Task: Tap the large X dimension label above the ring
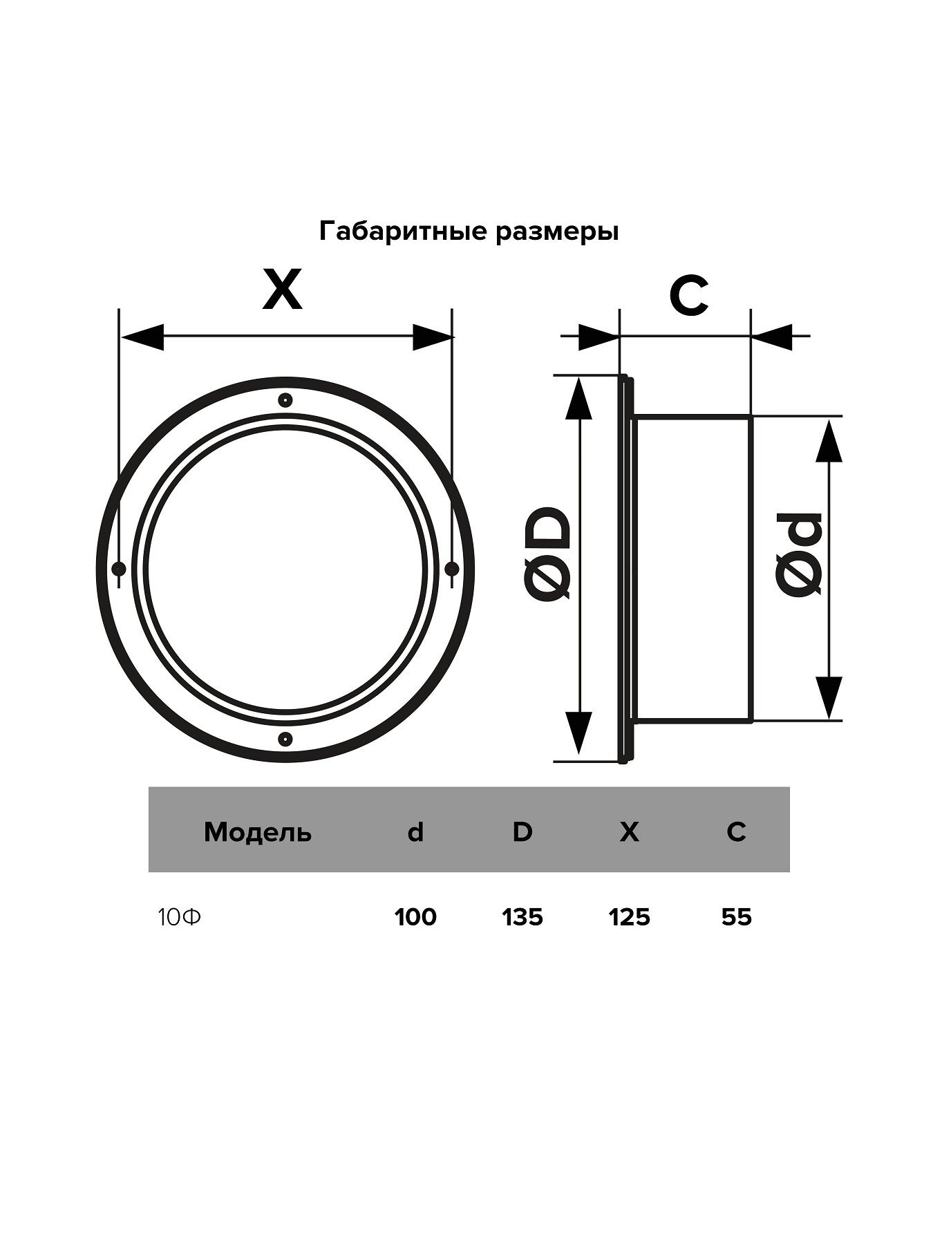click(283, 291)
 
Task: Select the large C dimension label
click(688, 296)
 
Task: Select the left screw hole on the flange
click(119, 569)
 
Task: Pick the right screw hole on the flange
click(451, 569)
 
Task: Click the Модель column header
click(258, 833)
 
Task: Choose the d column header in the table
click(415, 833)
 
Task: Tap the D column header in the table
click(522, 832)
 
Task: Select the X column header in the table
click(630, 833)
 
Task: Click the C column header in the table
click(736, 832)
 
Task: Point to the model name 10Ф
click(180, 918)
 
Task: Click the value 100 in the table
click(415, 918)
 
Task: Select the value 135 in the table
click(522, 918)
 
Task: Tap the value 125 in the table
click(630, 918)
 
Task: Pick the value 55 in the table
click(736, 918)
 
